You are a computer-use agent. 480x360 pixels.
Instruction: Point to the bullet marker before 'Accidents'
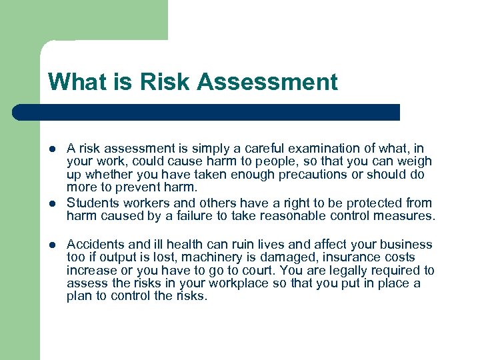click(x=52, y=245)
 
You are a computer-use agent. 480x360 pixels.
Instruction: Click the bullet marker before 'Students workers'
click(x=52, y=203)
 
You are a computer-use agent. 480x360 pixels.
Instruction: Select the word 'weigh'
click(x=415, y=161)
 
